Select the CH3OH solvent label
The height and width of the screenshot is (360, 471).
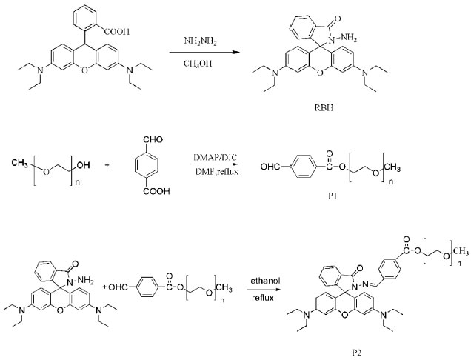[202, 64]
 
